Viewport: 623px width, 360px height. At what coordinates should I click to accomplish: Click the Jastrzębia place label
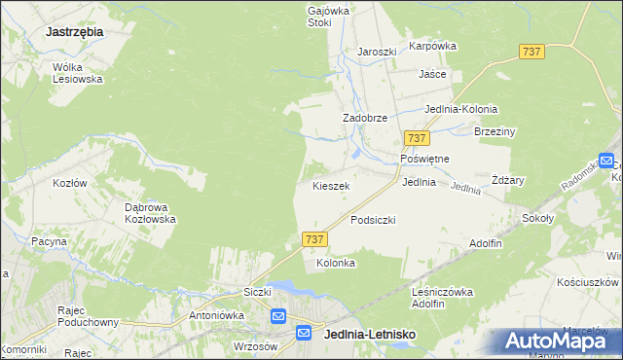click(x=74, y=31)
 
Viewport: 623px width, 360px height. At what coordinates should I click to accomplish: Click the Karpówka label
click(x=432, y=46)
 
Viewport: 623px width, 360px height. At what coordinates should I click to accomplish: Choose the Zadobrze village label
click(x=365, y=118)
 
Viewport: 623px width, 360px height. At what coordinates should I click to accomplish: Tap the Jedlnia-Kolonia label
click(x=460, y=109)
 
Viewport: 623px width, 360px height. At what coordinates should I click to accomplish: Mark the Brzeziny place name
click(x=495, y=131)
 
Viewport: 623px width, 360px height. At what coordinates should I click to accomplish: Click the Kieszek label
click(x=331, y=185)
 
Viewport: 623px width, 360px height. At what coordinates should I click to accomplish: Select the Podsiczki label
click(x=373, y=220)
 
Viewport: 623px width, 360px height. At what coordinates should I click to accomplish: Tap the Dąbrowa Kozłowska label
click(x=150, y=213)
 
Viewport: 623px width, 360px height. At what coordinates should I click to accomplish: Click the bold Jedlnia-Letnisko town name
click(x=369, y=334)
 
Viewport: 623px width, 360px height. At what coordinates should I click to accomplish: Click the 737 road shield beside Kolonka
click(x=313, y=238)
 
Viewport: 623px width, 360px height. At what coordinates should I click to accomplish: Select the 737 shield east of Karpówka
click(x=531, y=52)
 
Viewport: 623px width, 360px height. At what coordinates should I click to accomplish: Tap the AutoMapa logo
click(x=557, y=341)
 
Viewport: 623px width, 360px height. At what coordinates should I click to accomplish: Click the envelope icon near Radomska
click(x=606, y=162)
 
